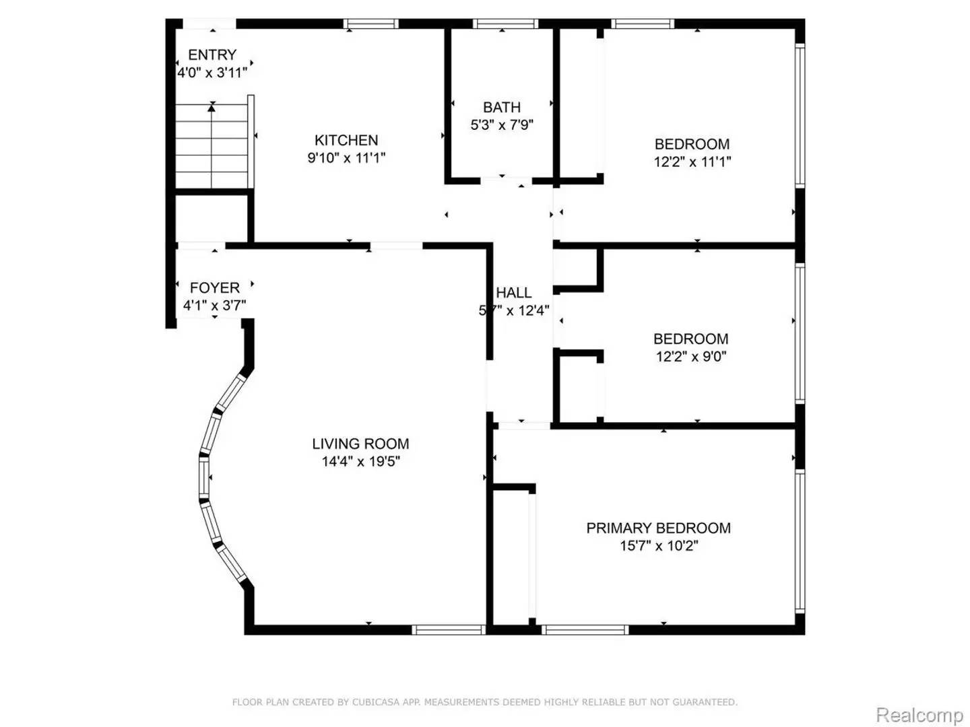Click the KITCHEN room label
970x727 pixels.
coord(346,140)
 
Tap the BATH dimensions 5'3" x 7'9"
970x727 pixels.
coord(502,125)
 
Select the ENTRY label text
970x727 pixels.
coord(212,55)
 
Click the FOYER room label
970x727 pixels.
coord(214,287)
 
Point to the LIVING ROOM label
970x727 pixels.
coord(360,444)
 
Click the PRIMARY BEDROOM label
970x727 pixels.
coord(658,528)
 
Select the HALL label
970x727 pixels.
coord(514,292)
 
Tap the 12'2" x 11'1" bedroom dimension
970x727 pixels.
coord(692,162)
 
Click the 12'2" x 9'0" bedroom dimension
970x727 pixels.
coord(691,356)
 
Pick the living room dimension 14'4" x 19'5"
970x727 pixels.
coord(360,462)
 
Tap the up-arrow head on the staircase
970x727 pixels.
coord(212,106)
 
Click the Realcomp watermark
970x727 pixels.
coord(919,714)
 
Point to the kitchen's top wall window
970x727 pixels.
coord(370,24)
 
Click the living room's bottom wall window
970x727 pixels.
coord(449,630)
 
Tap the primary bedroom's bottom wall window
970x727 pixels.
coord(584,630)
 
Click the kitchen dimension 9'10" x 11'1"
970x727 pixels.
coord(346,158)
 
